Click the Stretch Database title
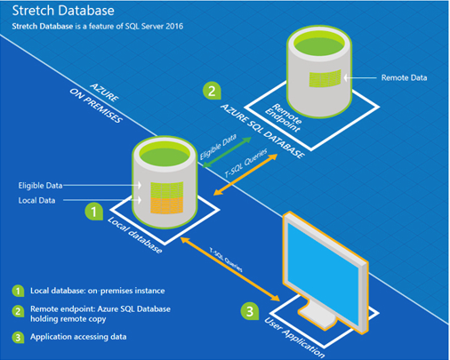pyautogui.click(x=63, y=11)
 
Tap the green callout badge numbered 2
pyautogui.click(x=212, y=91)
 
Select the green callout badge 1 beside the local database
pyautogui.click(x=94, y=212)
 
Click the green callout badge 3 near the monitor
pyautogui.click(x=250, y=311)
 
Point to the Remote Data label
pyautogui.click(x=404, y=77)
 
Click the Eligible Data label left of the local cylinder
pyautogui.click(x=40, y=186)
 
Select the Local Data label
pyautogui.click(x=36, y=201)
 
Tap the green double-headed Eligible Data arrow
pyautogui.click(x=227, y=152)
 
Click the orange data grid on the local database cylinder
pyautogui.click(x=167, y=204)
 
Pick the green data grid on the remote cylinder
pyautogui.click(x=325, y=78)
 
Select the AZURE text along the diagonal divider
pyautogui.click(x=105, y=92)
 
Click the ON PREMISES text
pyautogui.click(x=96, y=106)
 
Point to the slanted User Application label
pyautogui.click(x=294, y=337)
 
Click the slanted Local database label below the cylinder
pyautogui.click(x=135, y=235)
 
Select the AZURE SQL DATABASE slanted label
pyautogui.click(x=262, y=131)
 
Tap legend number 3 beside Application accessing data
pyautogui.click(x=18, y=337)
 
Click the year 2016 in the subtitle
pyautogui.click(x=174, y=27)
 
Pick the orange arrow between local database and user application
pyautogui.click(x=230, y=269)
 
